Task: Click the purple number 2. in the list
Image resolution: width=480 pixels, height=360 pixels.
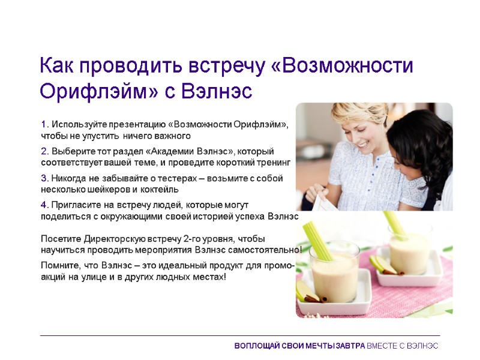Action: click(45, 151)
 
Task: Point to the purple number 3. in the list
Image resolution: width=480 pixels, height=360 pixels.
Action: click(45, 178)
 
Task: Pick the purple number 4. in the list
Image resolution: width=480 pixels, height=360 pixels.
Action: click(45, 205)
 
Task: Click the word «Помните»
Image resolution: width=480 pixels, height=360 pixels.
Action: click(59, 266)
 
